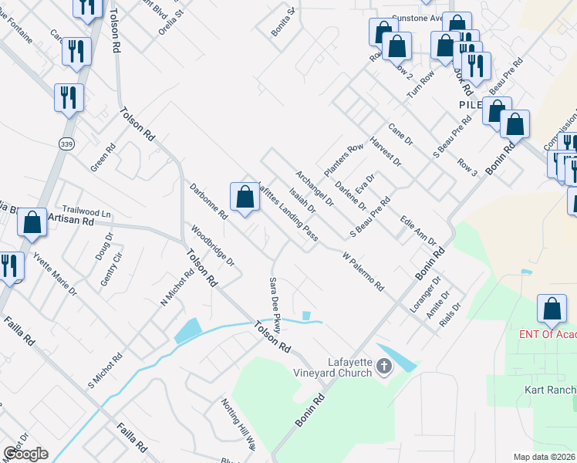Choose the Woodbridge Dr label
(212, 245)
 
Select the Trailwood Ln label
(87, 211)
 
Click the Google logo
(25, 454)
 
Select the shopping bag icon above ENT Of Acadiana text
(553, 309)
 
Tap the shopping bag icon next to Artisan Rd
(32, 222)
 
